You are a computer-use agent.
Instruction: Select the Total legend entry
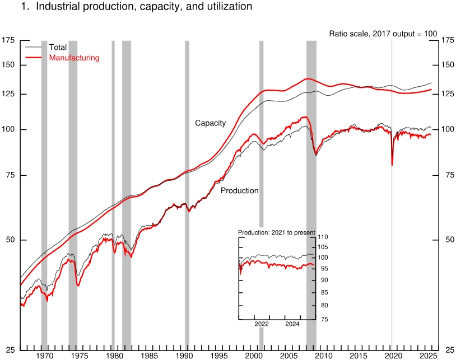[58, 48]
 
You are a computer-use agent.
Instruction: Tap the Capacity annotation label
[210, 123]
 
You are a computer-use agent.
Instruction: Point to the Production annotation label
[239, 190]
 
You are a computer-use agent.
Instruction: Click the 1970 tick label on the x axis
[44, 356]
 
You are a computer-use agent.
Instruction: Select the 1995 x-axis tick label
[219, 356]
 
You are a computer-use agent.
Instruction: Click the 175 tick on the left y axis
[8, 40]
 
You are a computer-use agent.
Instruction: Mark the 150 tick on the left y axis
[8, 65]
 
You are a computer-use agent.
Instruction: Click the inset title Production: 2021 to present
[277, 232]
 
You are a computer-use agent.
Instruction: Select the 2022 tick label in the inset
[262, 324]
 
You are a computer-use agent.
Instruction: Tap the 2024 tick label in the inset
[292, 324]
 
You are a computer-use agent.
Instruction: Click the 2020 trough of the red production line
[392, 165]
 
